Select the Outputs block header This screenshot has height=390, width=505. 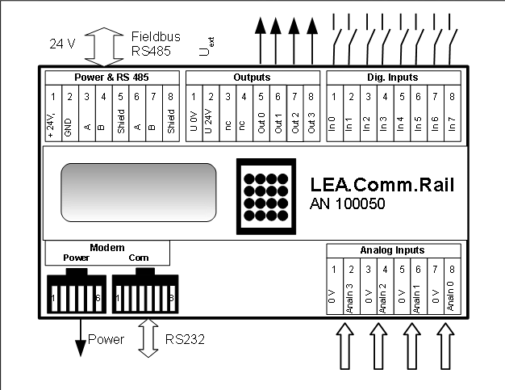click(x=252, y=78)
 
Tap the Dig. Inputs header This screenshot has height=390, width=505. click(x=393, y=78)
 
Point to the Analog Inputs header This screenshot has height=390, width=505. click(x=392, y=250)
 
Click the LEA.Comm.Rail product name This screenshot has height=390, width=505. click(x=382, y=186)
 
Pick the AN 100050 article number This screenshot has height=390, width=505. click(x=347, y=204)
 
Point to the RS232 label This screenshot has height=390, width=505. click(x=185, y=340)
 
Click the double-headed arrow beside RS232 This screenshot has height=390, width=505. click(x=147, y=338)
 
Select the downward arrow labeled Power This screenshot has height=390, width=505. click(x=80, y=337)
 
